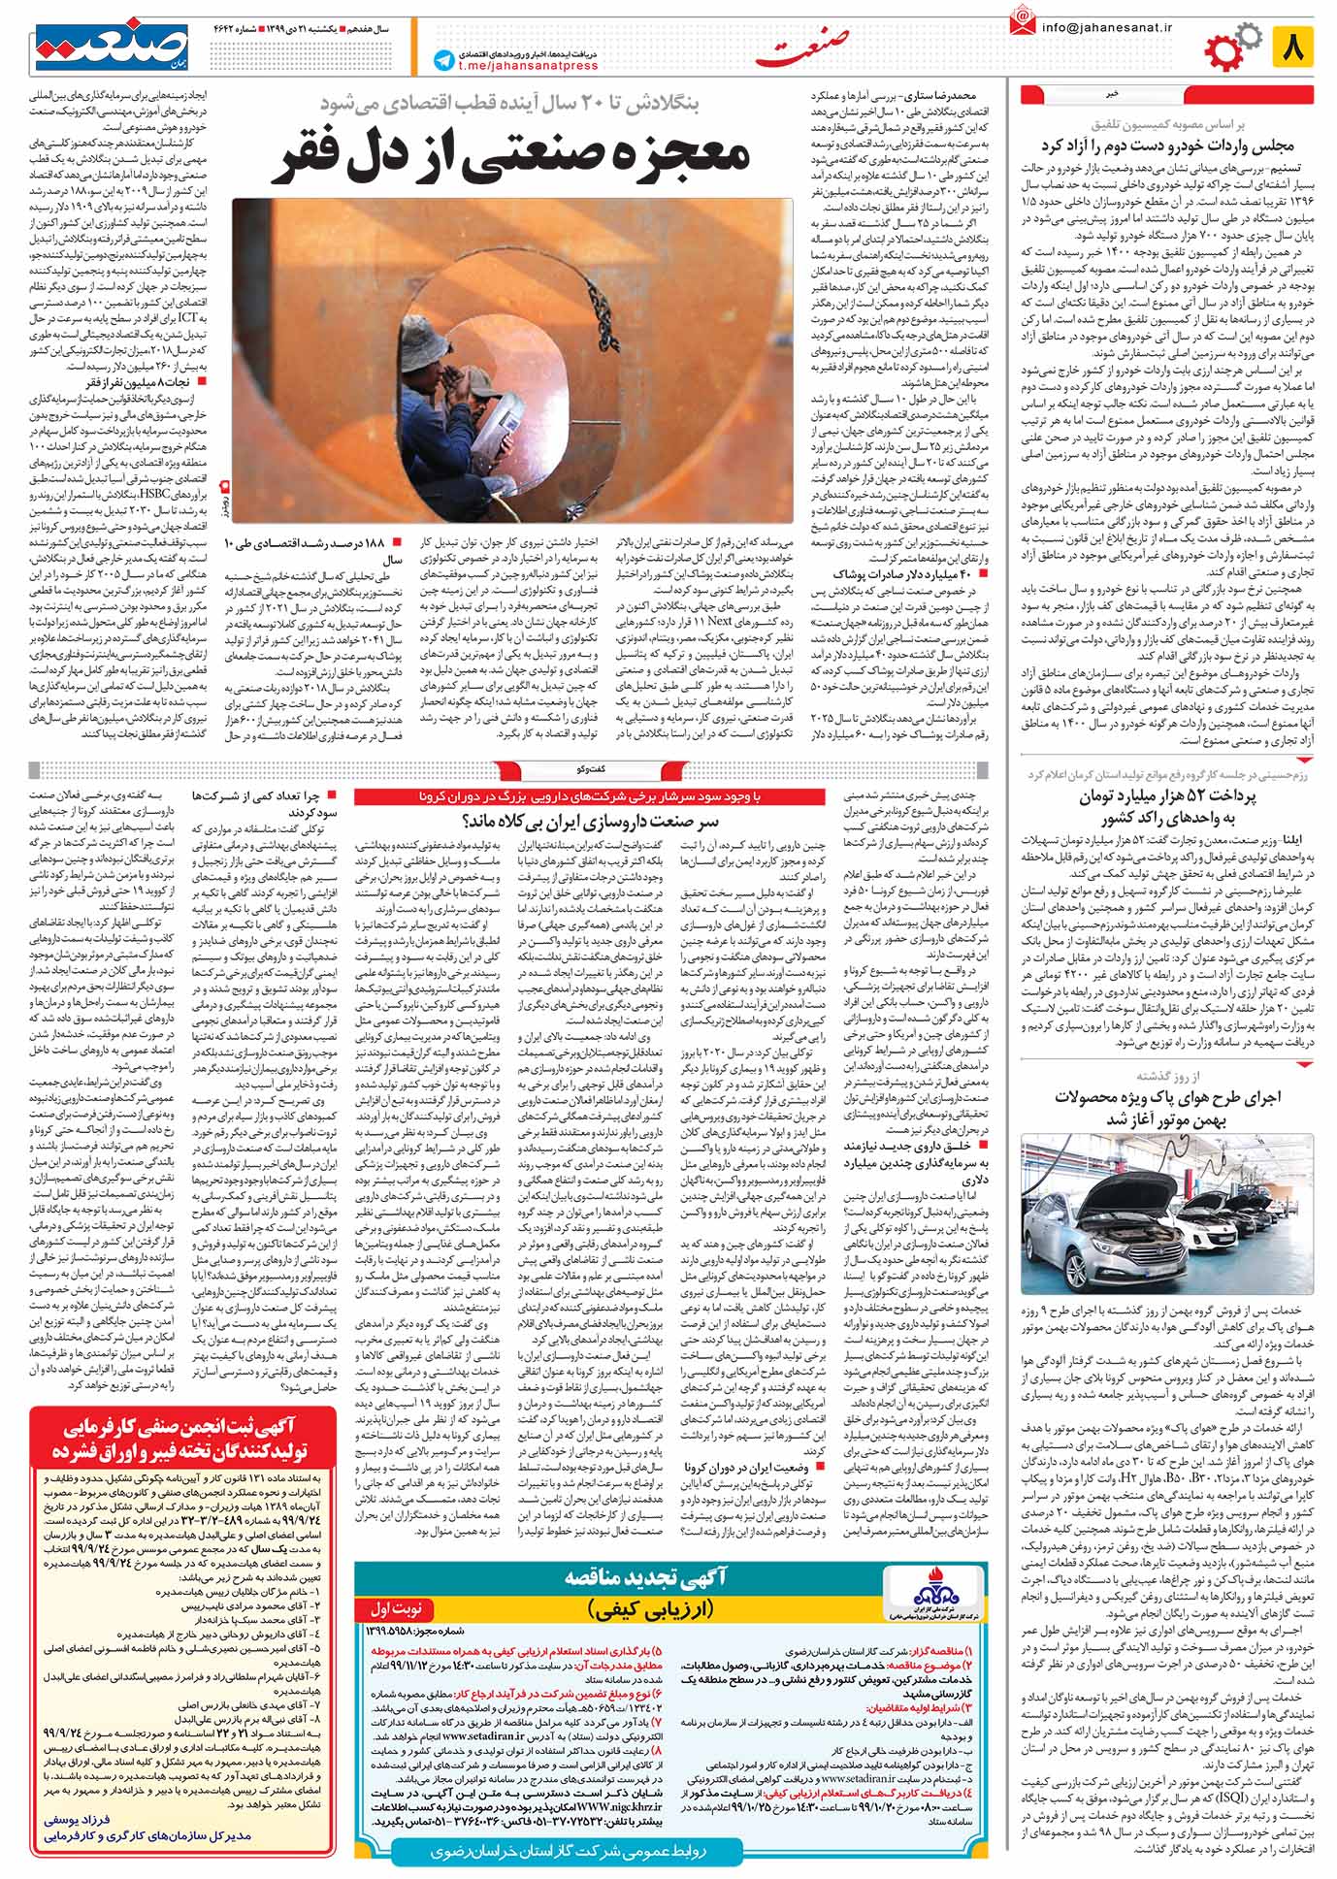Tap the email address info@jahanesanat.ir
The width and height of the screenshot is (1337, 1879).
pyautogui.click(x=1106, y=27)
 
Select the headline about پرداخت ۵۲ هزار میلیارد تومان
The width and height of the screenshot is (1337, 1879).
pyautogui.click(x=1167, y=807)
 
